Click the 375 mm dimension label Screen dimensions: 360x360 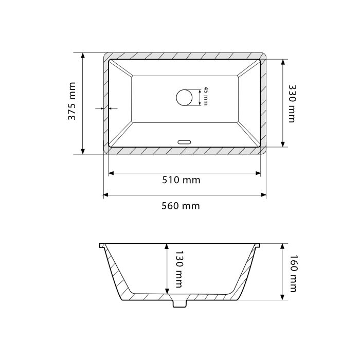point(72,101)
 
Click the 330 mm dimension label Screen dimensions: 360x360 point(292,104)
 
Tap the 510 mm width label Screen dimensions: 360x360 point(181,180)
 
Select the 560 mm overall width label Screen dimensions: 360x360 point(181,206)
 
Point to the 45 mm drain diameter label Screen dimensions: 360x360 point(206,96)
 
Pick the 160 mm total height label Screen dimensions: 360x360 point(294,274)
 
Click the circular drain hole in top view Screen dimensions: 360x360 point(184,98)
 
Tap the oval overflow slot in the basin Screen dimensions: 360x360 point(184,142)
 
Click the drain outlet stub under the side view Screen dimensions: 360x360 point(179,303)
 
